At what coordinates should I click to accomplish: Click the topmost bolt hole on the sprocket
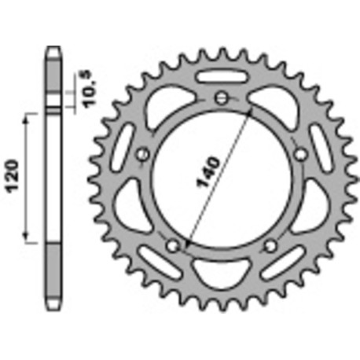click(222, 98)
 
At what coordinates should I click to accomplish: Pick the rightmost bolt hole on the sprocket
click(301, 155)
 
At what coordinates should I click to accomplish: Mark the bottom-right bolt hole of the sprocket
click(271, 246)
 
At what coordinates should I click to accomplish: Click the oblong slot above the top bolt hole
click(222, 77)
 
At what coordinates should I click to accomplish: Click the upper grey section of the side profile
click(53, 79)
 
